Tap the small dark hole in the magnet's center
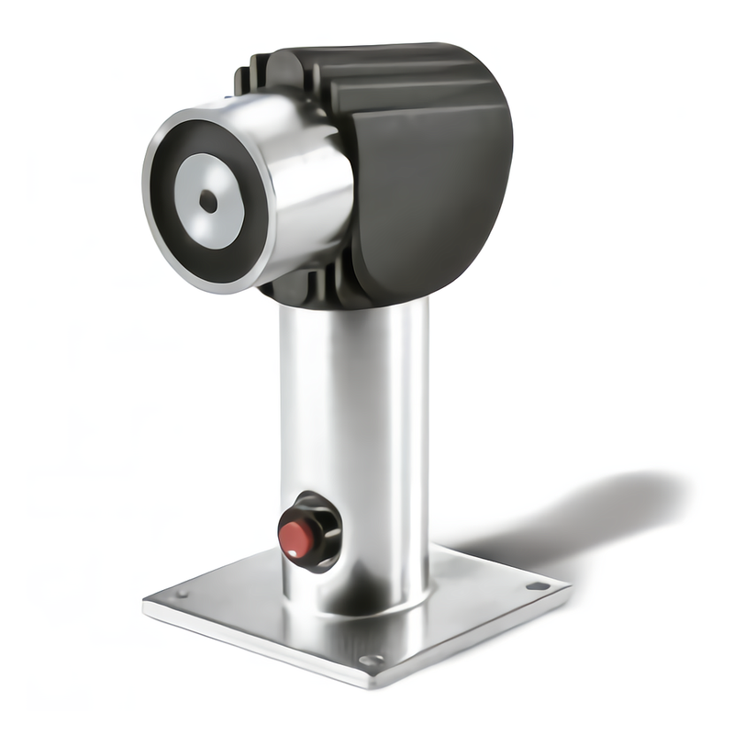(208, 201)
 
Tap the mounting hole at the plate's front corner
(371, 659)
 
